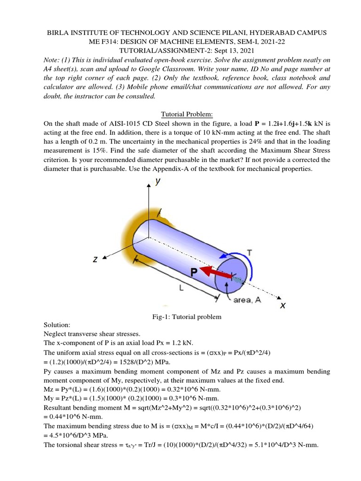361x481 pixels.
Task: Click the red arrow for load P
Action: click(x=216, y=272)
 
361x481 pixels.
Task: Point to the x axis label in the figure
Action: click(x=283, y=306)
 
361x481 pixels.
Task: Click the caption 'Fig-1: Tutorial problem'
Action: click(x=181, y=317)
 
